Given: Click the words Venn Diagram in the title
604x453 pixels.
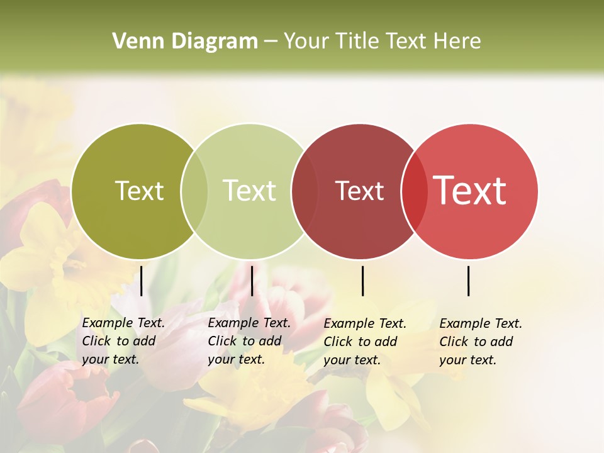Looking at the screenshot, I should pos(185,42).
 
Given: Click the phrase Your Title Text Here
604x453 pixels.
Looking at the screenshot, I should pos(382,42).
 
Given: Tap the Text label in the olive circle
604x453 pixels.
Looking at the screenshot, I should pos(140,191).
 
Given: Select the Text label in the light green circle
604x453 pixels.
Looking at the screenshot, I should pos(250,191).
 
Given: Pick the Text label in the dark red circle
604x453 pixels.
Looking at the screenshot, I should pos(359,191).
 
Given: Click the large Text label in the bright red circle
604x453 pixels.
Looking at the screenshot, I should pos(470,191).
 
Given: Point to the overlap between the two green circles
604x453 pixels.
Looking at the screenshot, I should pos(194,191).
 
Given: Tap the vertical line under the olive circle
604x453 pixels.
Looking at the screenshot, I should pos(142,281).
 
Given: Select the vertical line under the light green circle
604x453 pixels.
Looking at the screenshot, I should pos(252,281).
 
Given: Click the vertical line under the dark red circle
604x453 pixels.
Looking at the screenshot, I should pos(362,281).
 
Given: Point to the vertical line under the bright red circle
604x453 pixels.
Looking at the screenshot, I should pos(469,281).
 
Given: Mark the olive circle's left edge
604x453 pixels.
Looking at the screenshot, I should pos(72,191).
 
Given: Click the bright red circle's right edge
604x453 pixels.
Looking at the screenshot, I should pos(537,191).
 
